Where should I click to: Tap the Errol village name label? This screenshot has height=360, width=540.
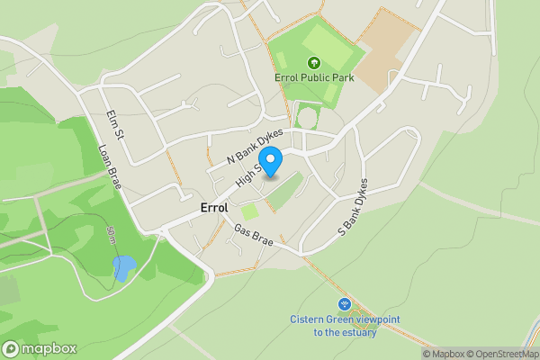[x=214, y=207]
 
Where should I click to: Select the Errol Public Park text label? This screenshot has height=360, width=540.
[x=314, y=77]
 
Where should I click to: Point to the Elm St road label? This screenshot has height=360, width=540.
[x=113, y=124]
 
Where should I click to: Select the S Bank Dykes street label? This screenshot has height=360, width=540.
[x=352, y=207]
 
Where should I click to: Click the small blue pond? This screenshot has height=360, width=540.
[x=124, y=267]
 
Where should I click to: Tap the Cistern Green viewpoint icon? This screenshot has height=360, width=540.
[x=344, y=305]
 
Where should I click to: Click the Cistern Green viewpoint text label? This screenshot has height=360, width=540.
[x=344, y=326]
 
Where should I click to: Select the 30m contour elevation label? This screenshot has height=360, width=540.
[x=111, y=237]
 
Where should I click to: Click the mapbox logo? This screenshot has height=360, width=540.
[x=40, y=348]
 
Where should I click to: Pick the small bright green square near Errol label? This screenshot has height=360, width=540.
[x=249, y=211]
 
